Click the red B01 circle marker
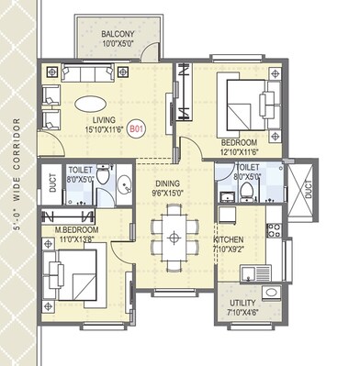tap(136, 131)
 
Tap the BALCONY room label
tap(118, 34)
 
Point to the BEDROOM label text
tap(242, 142)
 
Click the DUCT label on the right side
tap(308, 193)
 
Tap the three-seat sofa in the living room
tap(91, 72)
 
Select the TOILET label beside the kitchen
tap(247, 168)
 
